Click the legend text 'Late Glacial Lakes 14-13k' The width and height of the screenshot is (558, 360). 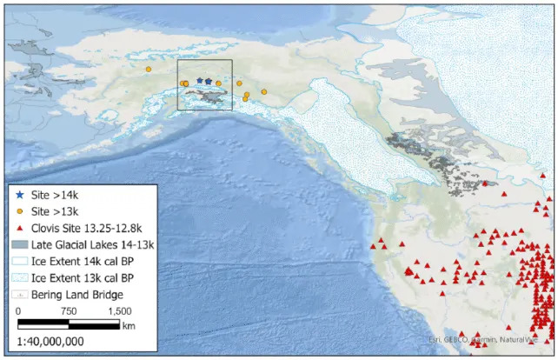pos(90,243)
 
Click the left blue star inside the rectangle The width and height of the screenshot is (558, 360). pos(199,81)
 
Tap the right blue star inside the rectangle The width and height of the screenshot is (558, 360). pos(209,81)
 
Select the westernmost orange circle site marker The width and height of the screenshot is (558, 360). pos(149,69)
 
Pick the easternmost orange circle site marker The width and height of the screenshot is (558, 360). pos(264,91)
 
